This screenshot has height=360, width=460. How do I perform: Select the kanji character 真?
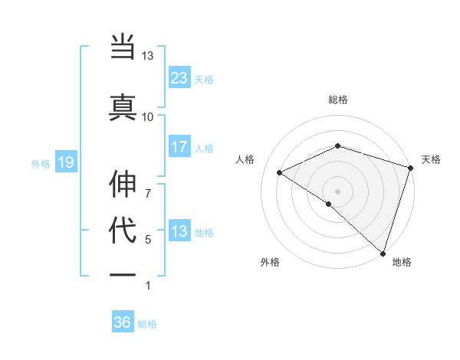coord(123,105)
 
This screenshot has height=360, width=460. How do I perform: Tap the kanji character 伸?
coord(123,186)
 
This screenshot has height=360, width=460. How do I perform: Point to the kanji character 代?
coord(123,230)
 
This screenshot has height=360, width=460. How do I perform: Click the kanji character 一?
coord(123,274)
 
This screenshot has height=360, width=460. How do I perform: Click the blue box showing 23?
coord(179,77)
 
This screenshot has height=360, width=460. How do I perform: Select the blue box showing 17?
coord(179,146)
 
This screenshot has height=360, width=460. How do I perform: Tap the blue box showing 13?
coord(179,231)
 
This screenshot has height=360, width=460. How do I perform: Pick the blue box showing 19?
coord(66,162)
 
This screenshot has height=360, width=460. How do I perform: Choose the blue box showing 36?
coord(123,322)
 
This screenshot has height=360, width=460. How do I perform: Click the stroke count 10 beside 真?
coord(147,116)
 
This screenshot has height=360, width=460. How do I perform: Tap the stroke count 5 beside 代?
coord(147,240)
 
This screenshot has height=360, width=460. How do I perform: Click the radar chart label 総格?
coord(337,100)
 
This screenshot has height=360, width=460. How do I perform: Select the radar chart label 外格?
coord(270,262)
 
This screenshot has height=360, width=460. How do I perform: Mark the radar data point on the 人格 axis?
coord(280,173)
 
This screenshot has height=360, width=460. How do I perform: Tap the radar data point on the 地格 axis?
coord(383,252)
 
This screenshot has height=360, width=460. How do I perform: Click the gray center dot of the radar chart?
coord(337,191)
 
